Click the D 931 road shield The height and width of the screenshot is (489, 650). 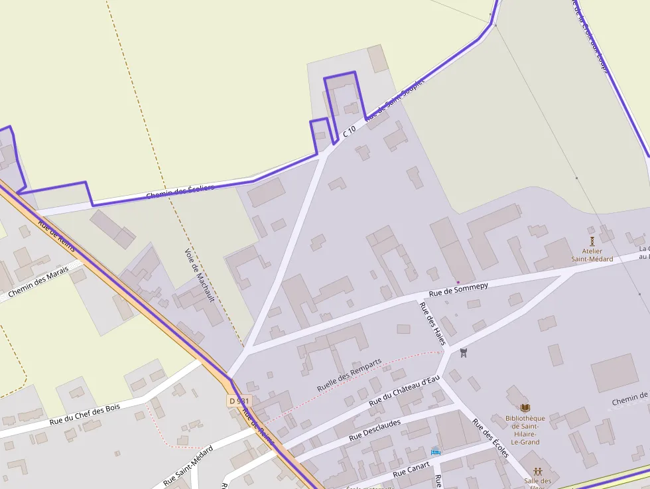click(239, 401)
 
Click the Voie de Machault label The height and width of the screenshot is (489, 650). click(200, 275)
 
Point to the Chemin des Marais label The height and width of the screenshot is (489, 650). click(38, 283)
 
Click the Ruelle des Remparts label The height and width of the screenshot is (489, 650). click(349, 374)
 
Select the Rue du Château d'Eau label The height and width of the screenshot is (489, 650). click(404, 391)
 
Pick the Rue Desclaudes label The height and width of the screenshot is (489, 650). click(374, 431)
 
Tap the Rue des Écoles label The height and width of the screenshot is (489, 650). click(490, 438)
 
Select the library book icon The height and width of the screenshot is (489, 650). click(525, 407)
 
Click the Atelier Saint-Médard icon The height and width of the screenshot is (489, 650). click(592, 240)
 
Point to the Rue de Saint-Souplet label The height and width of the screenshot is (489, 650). click(394, 100)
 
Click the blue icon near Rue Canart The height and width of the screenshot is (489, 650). click(436, 452)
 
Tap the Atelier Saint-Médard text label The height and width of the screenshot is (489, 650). click(592, 255)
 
